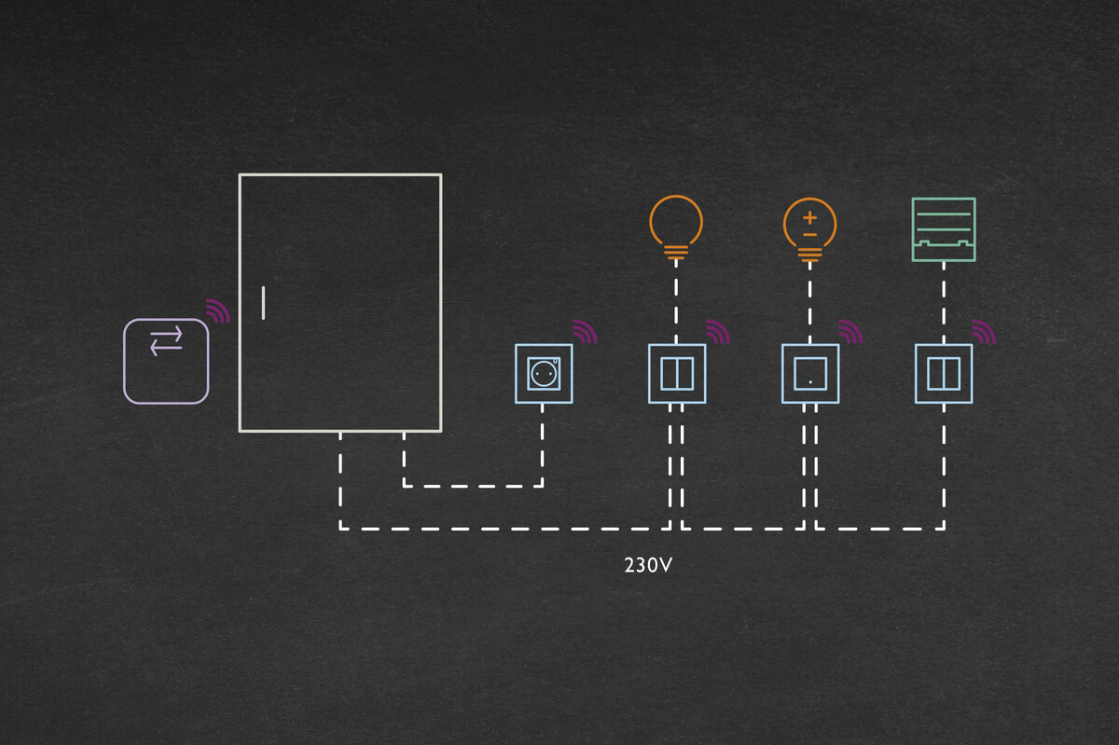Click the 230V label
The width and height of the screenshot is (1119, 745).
pyautogui.click(x=647, y=564)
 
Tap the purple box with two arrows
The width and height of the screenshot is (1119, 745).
pyautogui.click(x=166, y=361)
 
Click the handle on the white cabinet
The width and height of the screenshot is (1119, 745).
pyautogui.click(x=264, y=303)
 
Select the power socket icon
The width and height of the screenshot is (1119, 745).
pyautogui.click(x=544, y=374)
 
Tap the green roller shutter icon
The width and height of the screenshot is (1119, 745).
pyautogui.click(x=943, y=229)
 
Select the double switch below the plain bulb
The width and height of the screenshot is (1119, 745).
pyautogui.click(x=677, y=374)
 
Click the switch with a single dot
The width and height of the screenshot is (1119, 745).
pyautogui.click(x=810, y=374)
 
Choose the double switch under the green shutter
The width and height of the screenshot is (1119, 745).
pyautogui.click(x=944, y=374)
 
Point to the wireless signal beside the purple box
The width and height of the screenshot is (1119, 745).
pyautogui.click(x=218, y=311)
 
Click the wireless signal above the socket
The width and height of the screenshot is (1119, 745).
pyautogui.click(x=585, y=332)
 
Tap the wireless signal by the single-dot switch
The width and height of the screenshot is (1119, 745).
pyautogui.click(x=850, y=332)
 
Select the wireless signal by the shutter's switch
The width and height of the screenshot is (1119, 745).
pyautogui.click(x=984, y=332)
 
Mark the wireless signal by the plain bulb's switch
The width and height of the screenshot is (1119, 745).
pyautogui.click(x=717, y=332)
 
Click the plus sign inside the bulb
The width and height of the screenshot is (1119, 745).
pyautogui.click(x=809, y=217)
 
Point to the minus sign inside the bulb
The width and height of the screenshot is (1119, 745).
pyautogui.click(x=809, y=236)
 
